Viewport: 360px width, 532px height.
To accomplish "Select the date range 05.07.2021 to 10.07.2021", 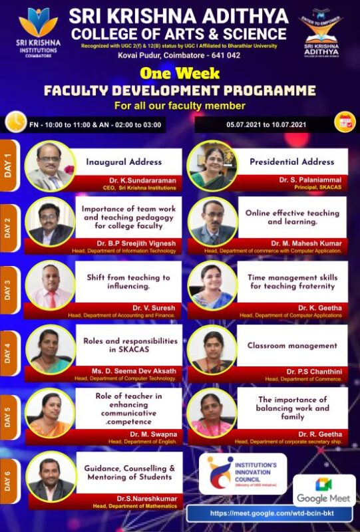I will click(x=265, y=124).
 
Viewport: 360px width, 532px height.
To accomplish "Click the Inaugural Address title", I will click(x=124, y=162).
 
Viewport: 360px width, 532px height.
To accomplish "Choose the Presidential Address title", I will click(x=291, y=162).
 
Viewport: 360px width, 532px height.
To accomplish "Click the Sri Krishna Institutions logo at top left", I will click(x=37, y=27).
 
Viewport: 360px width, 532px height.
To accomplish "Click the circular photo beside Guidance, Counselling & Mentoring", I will click(x=51, y=476).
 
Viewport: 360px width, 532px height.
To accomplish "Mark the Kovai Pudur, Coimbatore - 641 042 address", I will click(x=180, y=57).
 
